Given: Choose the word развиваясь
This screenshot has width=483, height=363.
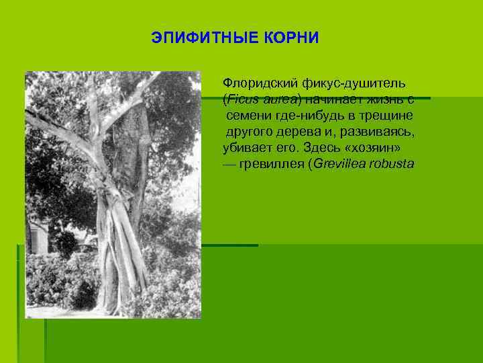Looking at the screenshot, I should coord(377,132).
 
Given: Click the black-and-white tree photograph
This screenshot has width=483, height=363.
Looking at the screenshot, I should coord(113,195).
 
